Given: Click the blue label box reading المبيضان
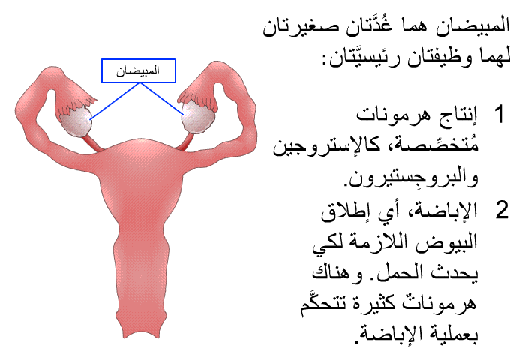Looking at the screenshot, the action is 139,70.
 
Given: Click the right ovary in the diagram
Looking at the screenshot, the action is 197,117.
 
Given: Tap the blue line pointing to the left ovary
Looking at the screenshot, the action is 115,100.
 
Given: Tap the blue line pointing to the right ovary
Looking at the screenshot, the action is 162,99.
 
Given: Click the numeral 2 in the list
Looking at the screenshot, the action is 502,210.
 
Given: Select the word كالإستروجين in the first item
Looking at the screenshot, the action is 327,146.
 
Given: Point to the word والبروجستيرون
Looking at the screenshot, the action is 412,178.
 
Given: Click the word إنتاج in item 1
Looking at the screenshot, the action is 457,115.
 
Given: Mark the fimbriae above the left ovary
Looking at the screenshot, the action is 76,101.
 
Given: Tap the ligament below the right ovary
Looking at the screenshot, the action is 185,142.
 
